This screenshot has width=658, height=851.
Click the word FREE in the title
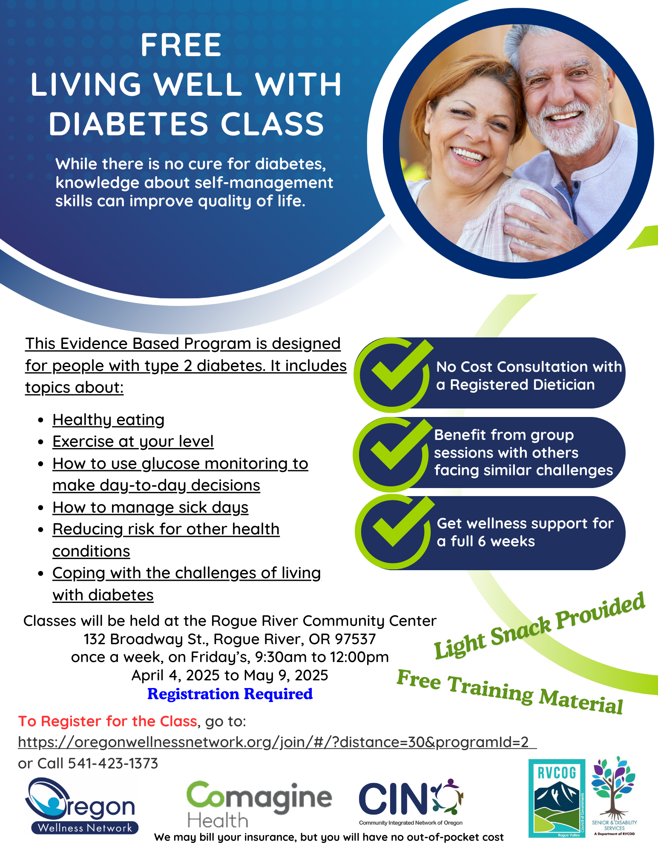181,45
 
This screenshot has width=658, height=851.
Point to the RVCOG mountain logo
557,798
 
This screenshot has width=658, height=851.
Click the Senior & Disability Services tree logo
614,796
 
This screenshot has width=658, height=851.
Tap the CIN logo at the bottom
411,802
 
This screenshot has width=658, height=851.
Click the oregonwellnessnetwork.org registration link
277,742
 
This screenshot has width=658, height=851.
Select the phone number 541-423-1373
113,763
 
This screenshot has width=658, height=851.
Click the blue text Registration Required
230,694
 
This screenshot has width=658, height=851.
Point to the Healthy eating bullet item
109,420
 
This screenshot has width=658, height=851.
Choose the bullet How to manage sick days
150,507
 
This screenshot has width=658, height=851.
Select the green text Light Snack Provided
539,625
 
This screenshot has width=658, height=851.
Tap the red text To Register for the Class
108,721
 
